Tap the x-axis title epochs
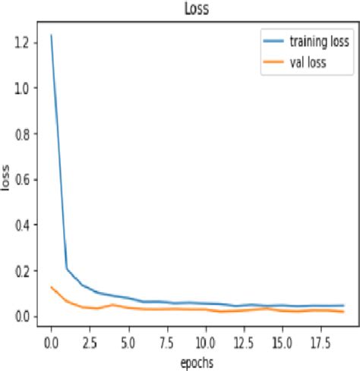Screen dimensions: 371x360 pos(197,362)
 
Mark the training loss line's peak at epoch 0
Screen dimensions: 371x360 pos(51,36)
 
